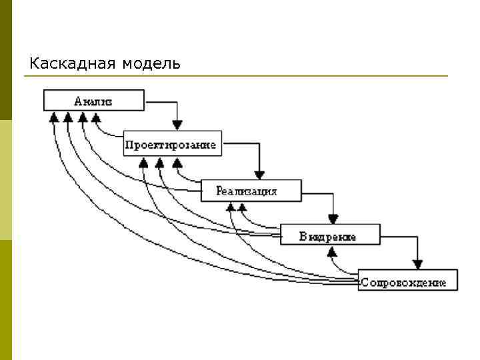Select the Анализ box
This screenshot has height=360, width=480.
(x=93, y=101)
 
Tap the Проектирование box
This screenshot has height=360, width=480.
(x=172, y=145)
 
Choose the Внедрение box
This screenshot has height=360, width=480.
(x=330, y=235)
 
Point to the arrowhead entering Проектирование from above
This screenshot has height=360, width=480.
(x=177, y=125)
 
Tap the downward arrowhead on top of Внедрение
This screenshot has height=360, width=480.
(x=333, y=219)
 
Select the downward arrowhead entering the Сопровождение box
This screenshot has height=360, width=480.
(x=417, y=263)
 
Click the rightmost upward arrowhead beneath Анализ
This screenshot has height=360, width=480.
(x=96, y=117)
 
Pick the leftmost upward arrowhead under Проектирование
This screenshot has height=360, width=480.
(x=143, y=162)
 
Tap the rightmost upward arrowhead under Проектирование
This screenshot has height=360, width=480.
(x=177, y=162)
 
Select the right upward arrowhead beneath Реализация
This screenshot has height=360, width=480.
(x=243, y=207)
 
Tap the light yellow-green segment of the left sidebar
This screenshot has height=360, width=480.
(x=6, y=180)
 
